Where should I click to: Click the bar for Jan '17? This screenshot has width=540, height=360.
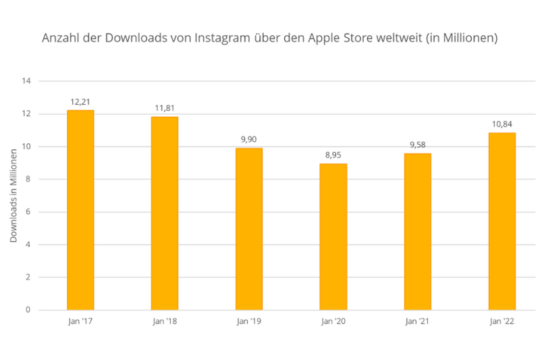coord(80,210)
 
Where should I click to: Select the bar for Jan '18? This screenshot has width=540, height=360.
coord(165,213)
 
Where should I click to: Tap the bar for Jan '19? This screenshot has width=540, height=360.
coord(249,229)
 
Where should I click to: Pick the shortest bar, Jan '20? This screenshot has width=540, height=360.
coord(333,236)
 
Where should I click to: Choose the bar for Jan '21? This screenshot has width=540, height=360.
coord(418,232)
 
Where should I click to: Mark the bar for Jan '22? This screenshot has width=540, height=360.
coord(502,222)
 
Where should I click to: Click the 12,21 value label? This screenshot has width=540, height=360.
coord(80,102)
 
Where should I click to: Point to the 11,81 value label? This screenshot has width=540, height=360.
coord(165,108)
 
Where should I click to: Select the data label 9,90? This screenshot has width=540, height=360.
coord(249,139)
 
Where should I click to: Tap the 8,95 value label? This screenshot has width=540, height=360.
coord(333,155)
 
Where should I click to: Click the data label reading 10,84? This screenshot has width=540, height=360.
coord(502,124)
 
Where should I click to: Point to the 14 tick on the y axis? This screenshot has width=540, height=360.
coord(26,81)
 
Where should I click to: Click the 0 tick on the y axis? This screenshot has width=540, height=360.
coord(28,310)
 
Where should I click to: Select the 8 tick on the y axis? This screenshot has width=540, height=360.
coord(28,179)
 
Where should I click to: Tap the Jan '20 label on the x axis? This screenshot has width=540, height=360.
coord(333,323)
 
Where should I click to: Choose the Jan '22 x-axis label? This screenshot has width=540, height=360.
coord(502,323)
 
